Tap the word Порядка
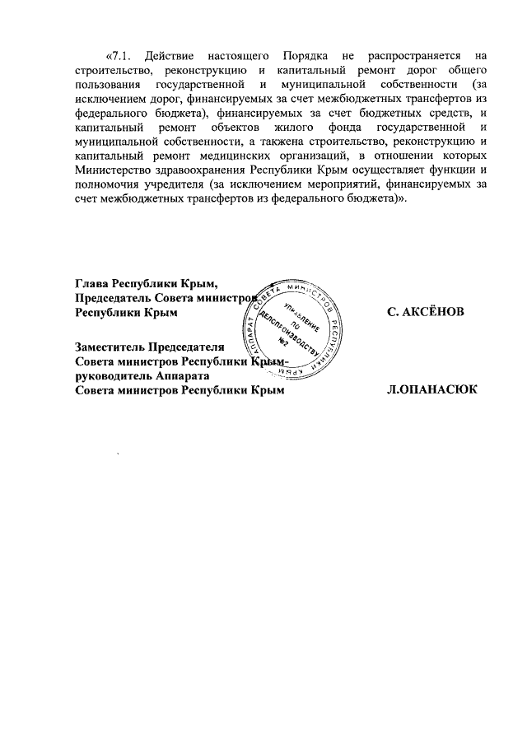tap(305, 56)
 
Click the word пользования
tap(105, 85)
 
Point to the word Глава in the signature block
tap(92, 284)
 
